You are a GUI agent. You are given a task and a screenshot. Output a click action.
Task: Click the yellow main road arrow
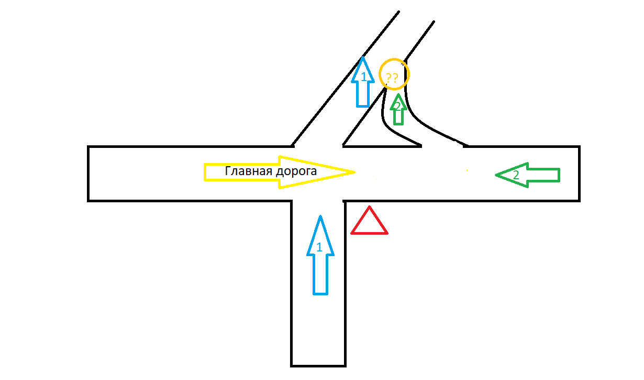click(x=280, y=172)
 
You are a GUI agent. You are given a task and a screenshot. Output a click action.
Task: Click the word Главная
click(x=248, y=171)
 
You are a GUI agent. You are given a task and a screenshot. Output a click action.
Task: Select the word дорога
click(x=296, y=171)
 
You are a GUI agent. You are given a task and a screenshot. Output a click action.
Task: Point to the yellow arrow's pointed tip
click(x=356, y=172)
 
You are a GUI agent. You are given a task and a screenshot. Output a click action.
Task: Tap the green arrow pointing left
click(x=528, y=175)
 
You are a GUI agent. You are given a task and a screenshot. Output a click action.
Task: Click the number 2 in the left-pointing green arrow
click(x=516, y=175)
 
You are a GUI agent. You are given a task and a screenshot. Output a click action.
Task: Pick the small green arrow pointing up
click(x=398, y=109)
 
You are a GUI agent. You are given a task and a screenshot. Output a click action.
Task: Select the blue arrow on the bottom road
click(x=320, y=255)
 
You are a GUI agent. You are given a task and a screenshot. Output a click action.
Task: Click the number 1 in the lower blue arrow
click(x=319, y=247)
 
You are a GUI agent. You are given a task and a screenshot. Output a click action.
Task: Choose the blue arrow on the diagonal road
click(x=363, y=82)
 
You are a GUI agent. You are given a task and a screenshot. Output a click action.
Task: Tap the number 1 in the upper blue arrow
click(x=364, y=77)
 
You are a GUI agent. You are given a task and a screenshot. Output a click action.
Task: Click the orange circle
click(x=394, y=74)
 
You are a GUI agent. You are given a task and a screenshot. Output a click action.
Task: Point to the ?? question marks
click(x=392, y=77)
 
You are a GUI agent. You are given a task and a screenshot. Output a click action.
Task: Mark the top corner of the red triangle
click(x=370, y=206)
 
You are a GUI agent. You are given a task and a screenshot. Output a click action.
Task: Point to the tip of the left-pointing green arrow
click(x=496, y=175)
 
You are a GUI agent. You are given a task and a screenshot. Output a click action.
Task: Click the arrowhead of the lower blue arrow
click(x=320, y=235)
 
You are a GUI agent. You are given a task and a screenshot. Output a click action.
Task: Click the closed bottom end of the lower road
click(x=318, y=366)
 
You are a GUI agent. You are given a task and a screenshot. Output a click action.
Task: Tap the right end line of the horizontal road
click(x=579, y=174)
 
